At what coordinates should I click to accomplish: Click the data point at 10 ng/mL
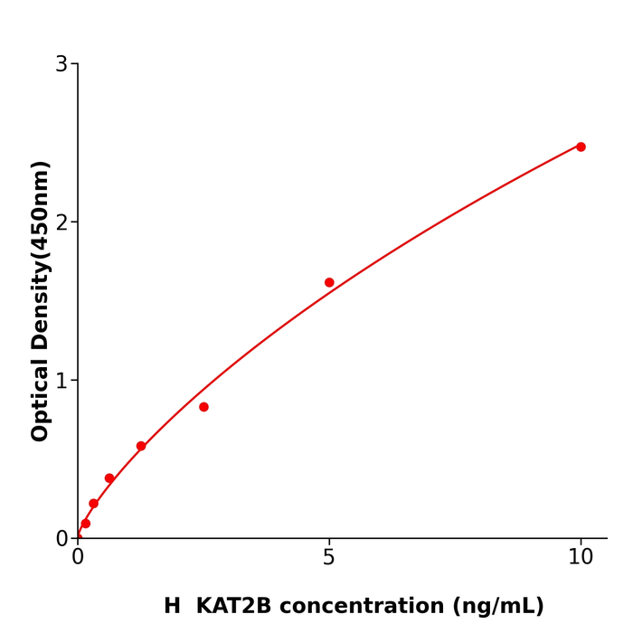pyautogui.click(x=581, y=146)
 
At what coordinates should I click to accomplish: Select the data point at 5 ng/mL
pyautogui.click(x=329, y=282)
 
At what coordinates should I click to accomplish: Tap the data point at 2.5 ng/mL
pyautogui.click(x=203, y=407)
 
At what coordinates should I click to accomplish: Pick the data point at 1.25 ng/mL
pyautogui.click(x=141, y=446)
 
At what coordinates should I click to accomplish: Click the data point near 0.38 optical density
pyautogui.click(x=109, y=478)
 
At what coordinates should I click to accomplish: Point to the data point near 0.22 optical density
pyautogui.click(x=93, y=504)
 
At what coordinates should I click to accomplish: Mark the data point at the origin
pyautogui.click(x=78, y=537)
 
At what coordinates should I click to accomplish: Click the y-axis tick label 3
pyautogui.click(x=61, y=64)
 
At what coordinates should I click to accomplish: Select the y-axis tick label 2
pyautogui.click(x=61, y=222)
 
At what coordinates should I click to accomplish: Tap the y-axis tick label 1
pyautogui.click(x=61, y=381)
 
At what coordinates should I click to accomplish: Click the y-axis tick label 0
pyautogui.click(x=61, y=538)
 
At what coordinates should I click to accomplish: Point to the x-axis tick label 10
pyautogui.click(x=581, y=558)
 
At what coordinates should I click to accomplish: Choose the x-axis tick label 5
pyautogui.click(x=329, y=558)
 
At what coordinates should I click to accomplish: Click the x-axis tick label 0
pyautogui.click(x=78, y=558)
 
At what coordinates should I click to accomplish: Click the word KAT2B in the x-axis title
pyautogui.click(x=233, y=606)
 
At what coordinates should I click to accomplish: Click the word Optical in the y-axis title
pyautogui.click(x=40, y=398)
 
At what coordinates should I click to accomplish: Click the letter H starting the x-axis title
pyautogui.click(x=172, y=606)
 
